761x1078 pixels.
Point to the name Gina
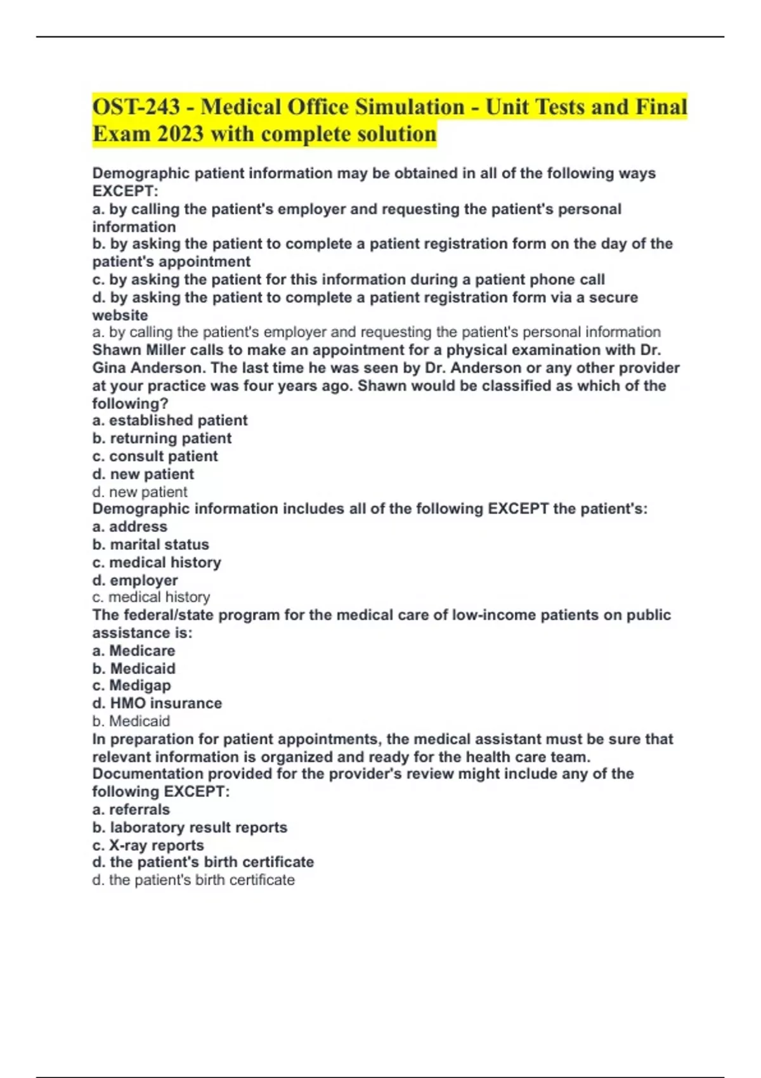[x=110, y=368]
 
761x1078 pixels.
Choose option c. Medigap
[x=131, y=685]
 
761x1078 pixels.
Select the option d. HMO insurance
[x=157, y=703]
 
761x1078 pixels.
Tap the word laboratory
[x=148, y=828]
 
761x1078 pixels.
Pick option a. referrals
[x=131, y=810]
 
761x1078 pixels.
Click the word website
[x=120, y=315]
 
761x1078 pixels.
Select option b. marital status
[x=150, y=545]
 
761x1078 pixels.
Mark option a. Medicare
[x=133, y=651]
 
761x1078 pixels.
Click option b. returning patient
[x=162, y=438]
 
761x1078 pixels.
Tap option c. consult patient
[x=155, y=456]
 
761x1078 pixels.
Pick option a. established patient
[x=169, y=420]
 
